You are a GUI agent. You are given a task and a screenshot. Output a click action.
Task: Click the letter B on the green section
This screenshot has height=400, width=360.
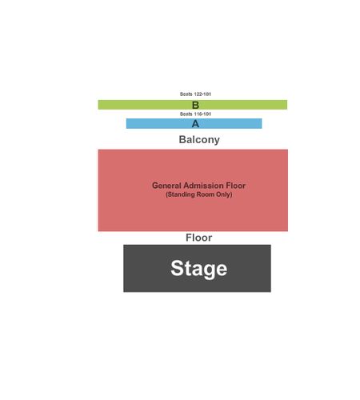click(x=195, y=105)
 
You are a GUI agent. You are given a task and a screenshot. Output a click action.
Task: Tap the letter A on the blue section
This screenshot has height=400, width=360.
click(x=195, y=124)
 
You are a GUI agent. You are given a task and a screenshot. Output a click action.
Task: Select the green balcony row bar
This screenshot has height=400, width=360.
click(x=193, y=105)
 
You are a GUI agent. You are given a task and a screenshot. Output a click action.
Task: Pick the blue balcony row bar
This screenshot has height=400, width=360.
click(x=194, y=123)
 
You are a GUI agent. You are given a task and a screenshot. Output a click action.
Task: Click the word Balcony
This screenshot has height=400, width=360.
click(x=199, y=139)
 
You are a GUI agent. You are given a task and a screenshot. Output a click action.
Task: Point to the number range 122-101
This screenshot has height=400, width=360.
click(x=202, y=94)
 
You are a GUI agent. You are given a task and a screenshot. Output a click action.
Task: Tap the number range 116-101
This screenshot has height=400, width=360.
click(x=202, y=114)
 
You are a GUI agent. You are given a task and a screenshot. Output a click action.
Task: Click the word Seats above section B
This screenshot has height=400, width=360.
click(x=186, y=94)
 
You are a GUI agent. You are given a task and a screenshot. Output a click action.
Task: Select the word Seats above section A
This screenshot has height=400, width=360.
click(x=186, y=114)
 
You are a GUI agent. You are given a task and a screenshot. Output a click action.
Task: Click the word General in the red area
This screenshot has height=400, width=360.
click(x=166, y=186)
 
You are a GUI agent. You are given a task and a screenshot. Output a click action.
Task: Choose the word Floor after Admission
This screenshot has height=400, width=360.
click(x=236, y=186)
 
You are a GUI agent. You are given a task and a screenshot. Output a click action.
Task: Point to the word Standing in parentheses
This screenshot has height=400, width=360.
click(x=180, y=194)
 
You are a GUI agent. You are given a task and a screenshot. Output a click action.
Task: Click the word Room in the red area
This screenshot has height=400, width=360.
click(x=206, y=194)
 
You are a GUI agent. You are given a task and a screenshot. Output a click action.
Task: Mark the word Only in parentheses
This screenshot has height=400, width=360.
click(x=224, y=194)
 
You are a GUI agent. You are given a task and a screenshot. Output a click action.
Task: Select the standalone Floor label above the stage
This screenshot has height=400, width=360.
click(x=199, y=238)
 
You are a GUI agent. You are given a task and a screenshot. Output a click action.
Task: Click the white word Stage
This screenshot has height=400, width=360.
click(x=199, y=269)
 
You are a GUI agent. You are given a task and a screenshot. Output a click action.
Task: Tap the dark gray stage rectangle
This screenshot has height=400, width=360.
click(x=197, y=268)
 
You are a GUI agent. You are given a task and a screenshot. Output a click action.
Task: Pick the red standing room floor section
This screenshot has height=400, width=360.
click(x=193, y=190)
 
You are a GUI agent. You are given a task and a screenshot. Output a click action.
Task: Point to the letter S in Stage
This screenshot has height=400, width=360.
click(x=178, y=268)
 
